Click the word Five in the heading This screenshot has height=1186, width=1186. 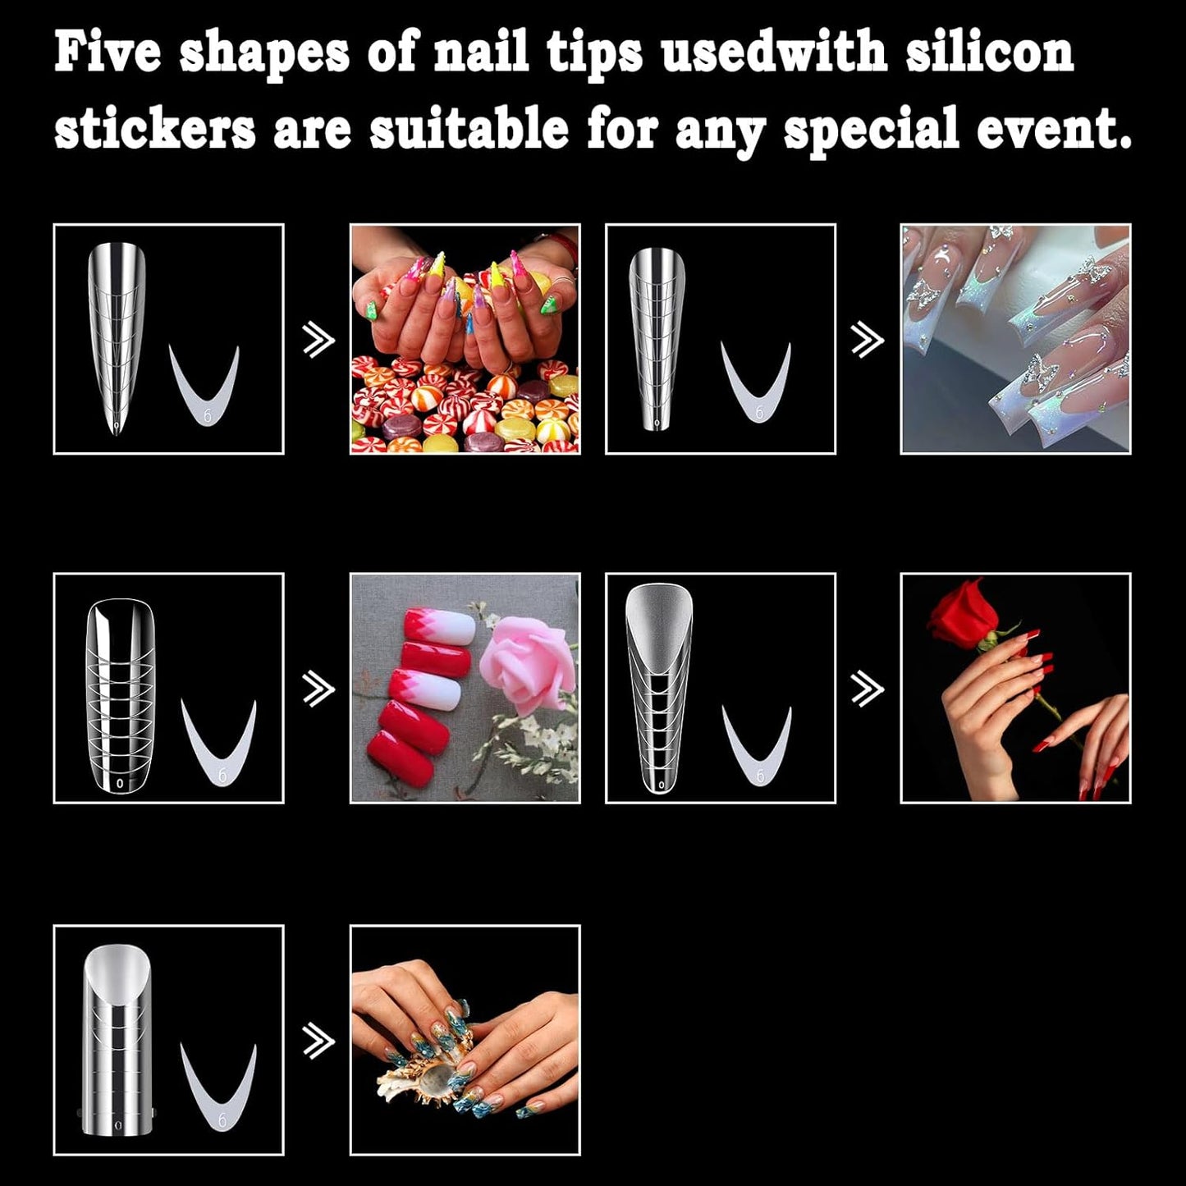point(107,53)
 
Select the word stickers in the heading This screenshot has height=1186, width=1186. point(154,130)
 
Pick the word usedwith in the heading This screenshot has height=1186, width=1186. point(774,53)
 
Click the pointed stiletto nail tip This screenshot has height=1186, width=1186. point(117,337)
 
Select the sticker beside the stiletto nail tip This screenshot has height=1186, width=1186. point(204,386)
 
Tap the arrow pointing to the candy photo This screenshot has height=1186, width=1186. point(318,340)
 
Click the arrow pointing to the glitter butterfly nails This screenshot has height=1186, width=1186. point(868,340)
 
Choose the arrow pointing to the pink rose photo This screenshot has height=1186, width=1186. point(318,689)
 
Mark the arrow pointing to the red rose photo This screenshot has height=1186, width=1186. point(868,689)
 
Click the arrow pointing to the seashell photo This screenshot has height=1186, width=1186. point(318,1042)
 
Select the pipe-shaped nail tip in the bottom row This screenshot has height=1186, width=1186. point(118,1041)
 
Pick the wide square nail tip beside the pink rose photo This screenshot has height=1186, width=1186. point(120,697)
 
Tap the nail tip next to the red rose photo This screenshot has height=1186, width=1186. point(659,689)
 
